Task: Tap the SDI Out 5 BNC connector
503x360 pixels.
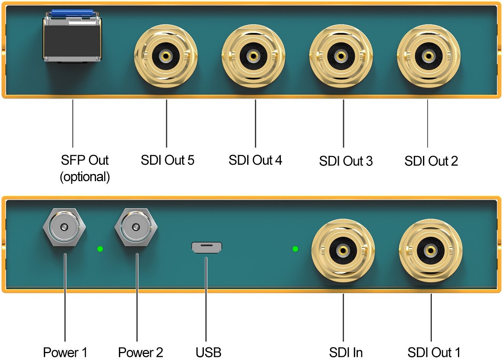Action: [166, 56]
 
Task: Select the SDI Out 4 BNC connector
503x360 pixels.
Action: [253, 56]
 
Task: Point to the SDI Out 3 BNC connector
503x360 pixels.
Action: [341, 56]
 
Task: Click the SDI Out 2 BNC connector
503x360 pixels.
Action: [429, 56]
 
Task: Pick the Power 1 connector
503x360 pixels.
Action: [64, 228]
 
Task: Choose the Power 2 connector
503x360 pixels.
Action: [136, 228]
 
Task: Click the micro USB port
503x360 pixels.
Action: [207, 248]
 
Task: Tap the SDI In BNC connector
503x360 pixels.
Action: [343, 250]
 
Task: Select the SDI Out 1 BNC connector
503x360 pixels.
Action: [431, 250]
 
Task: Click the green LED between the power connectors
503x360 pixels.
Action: [100, 249]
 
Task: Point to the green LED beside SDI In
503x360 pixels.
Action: [295, 249]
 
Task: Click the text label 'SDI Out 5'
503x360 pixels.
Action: [167, 160]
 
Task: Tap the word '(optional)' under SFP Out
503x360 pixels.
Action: [85, 177]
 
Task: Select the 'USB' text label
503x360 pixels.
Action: [208, 352]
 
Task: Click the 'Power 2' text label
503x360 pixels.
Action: [140, 352]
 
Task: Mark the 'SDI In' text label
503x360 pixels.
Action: [346, 352]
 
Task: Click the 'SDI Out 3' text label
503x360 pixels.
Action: [346, 161]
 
